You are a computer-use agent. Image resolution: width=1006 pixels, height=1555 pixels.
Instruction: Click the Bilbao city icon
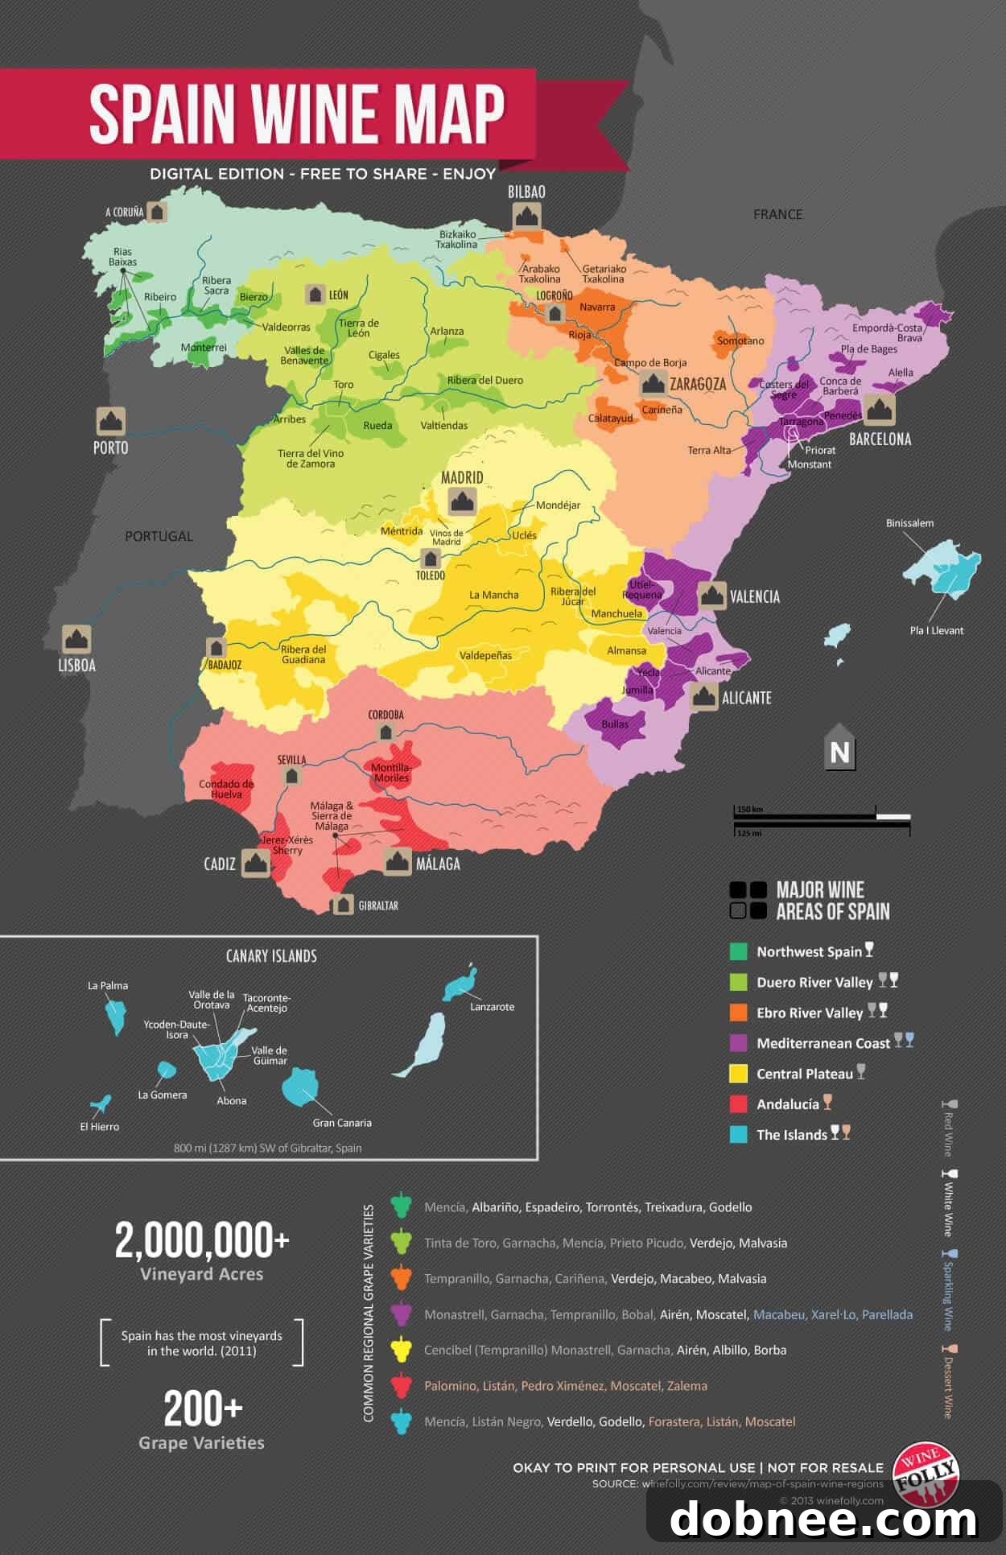(x=526, y=217)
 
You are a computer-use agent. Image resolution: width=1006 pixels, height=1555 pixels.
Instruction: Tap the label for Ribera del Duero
(x=484, y=380)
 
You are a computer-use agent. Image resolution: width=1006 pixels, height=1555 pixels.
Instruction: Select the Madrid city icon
(x=462, y=501)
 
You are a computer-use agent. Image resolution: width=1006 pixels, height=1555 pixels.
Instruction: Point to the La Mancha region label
(x=494, y=595)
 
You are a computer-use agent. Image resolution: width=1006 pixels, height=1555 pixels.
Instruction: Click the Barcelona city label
(x=880, y=439)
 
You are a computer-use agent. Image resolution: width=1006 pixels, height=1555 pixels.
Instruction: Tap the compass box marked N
(x=839, y=752)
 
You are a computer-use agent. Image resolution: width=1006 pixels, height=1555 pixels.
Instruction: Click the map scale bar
(x=821, y=819)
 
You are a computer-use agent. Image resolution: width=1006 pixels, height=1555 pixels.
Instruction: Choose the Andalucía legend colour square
(x=738, y=1104)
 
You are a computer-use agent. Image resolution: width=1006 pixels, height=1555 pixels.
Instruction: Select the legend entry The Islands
(x=791, y=1135)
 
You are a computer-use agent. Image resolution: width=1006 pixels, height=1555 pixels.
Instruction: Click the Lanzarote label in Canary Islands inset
(x=492, y=1007)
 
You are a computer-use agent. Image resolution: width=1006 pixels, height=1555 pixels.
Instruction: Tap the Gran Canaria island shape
(x=300, y=1087)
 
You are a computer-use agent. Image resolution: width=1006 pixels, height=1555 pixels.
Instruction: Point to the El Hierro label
(x=100, y=1127)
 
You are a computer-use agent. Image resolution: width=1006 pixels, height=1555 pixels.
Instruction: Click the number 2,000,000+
(x=201, y=1240)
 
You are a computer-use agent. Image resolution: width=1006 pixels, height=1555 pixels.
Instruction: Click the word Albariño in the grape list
(x=495, y=1207)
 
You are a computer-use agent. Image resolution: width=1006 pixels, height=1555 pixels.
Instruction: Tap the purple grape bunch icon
(x=401, y=1314)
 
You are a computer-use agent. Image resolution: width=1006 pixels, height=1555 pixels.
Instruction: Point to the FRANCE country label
(x=777, y=214)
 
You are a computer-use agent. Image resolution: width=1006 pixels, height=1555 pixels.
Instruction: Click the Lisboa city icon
(x=76, y=639)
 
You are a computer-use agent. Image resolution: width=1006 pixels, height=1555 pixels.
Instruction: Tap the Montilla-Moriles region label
(x=391, y=773)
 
